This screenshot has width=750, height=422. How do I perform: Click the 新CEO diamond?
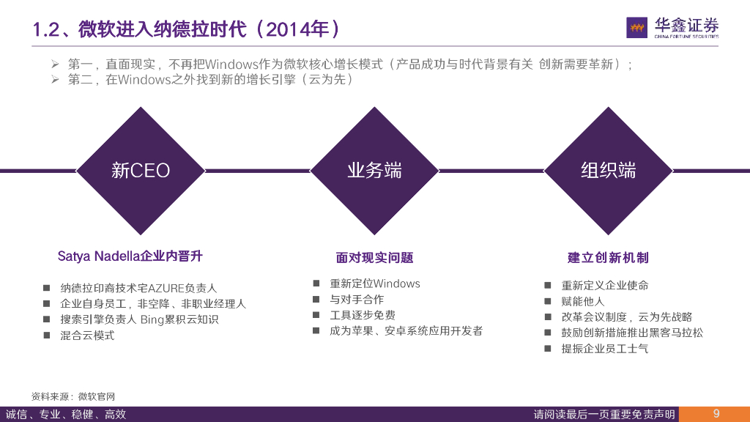[x=140, y=171]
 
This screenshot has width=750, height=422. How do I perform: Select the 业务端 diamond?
[x=374, y=171]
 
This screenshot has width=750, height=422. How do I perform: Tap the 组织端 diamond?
[x=608, y=171]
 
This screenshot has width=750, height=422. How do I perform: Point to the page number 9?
[x=716, y=414]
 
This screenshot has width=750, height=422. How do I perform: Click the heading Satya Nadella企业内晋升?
[x=130, y=256]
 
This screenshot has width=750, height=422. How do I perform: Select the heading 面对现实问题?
[x=374, y=257]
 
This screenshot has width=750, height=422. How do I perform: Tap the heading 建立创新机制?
[x=608, y=257]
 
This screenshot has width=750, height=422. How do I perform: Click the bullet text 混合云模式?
[x=87, y=336]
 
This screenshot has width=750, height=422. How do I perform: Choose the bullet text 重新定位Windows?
[x=374, y=284]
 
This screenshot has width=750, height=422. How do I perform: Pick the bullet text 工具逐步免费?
[x=362, y=315]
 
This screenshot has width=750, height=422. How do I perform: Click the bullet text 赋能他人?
[x=582, y=301]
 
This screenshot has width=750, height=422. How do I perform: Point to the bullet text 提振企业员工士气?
[x=604, y=349]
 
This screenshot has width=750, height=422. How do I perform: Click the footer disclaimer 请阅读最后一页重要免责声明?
[x=604, y=415]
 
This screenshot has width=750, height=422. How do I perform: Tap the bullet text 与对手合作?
[x=356, y=300]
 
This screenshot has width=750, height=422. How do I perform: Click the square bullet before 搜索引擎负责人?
[x=46, y=319]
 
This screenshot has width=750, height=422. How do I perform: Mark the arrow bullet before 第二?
[x=54, y=80]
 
